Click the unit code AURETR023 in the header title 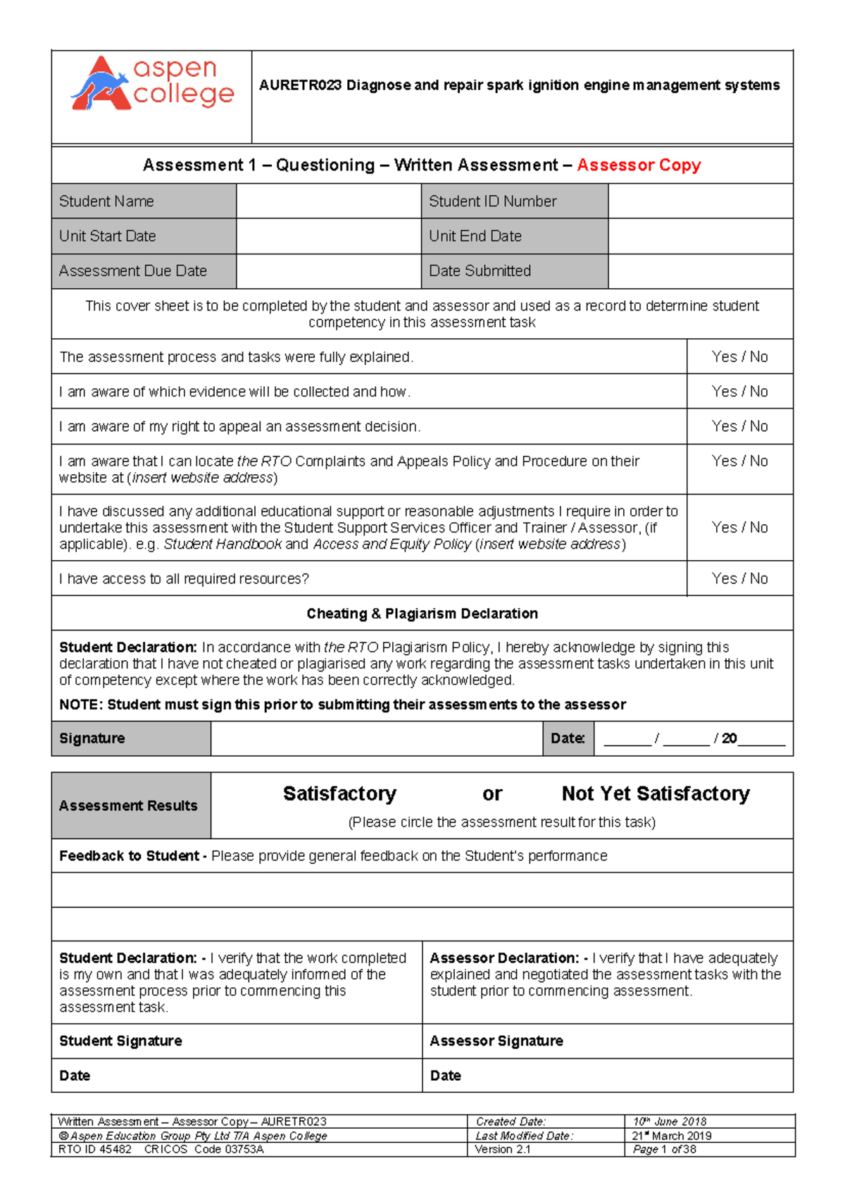[300, 85]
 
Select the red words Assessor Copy [639, 165]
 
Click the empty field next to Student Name [328, 202]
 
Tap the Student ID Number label [492, 202]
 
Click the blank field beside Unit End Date [700, 236]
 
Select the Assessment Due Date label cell [133, 271]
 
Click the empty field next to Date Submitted [700, 271]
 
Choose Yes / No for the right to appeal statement [739, 426]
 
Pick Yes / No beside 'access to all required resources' [739, 578]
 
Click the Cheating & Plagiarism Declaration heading [422, 614]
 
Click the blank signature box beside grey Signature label [376, 738]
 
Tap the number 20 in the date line [729, 738]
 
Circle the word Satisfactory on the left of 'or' [339, 794]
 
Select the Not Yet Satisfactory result [656, 794]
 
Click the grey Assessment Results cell [129, 806]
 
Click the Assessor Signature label [496, 1041]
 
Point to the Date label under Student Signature [75, 1076]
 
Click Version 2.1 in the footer [502, 1149]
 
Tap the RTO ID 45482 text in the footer [94, 1149]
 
